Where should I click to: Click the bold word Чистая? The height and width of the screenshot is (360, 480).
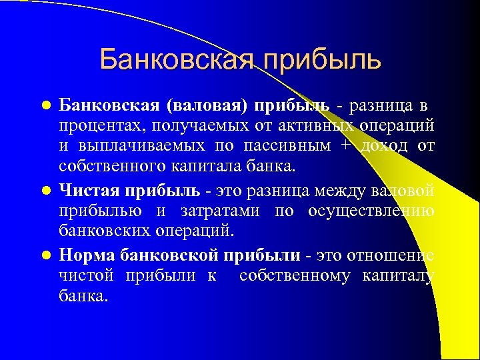(85, 190)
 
